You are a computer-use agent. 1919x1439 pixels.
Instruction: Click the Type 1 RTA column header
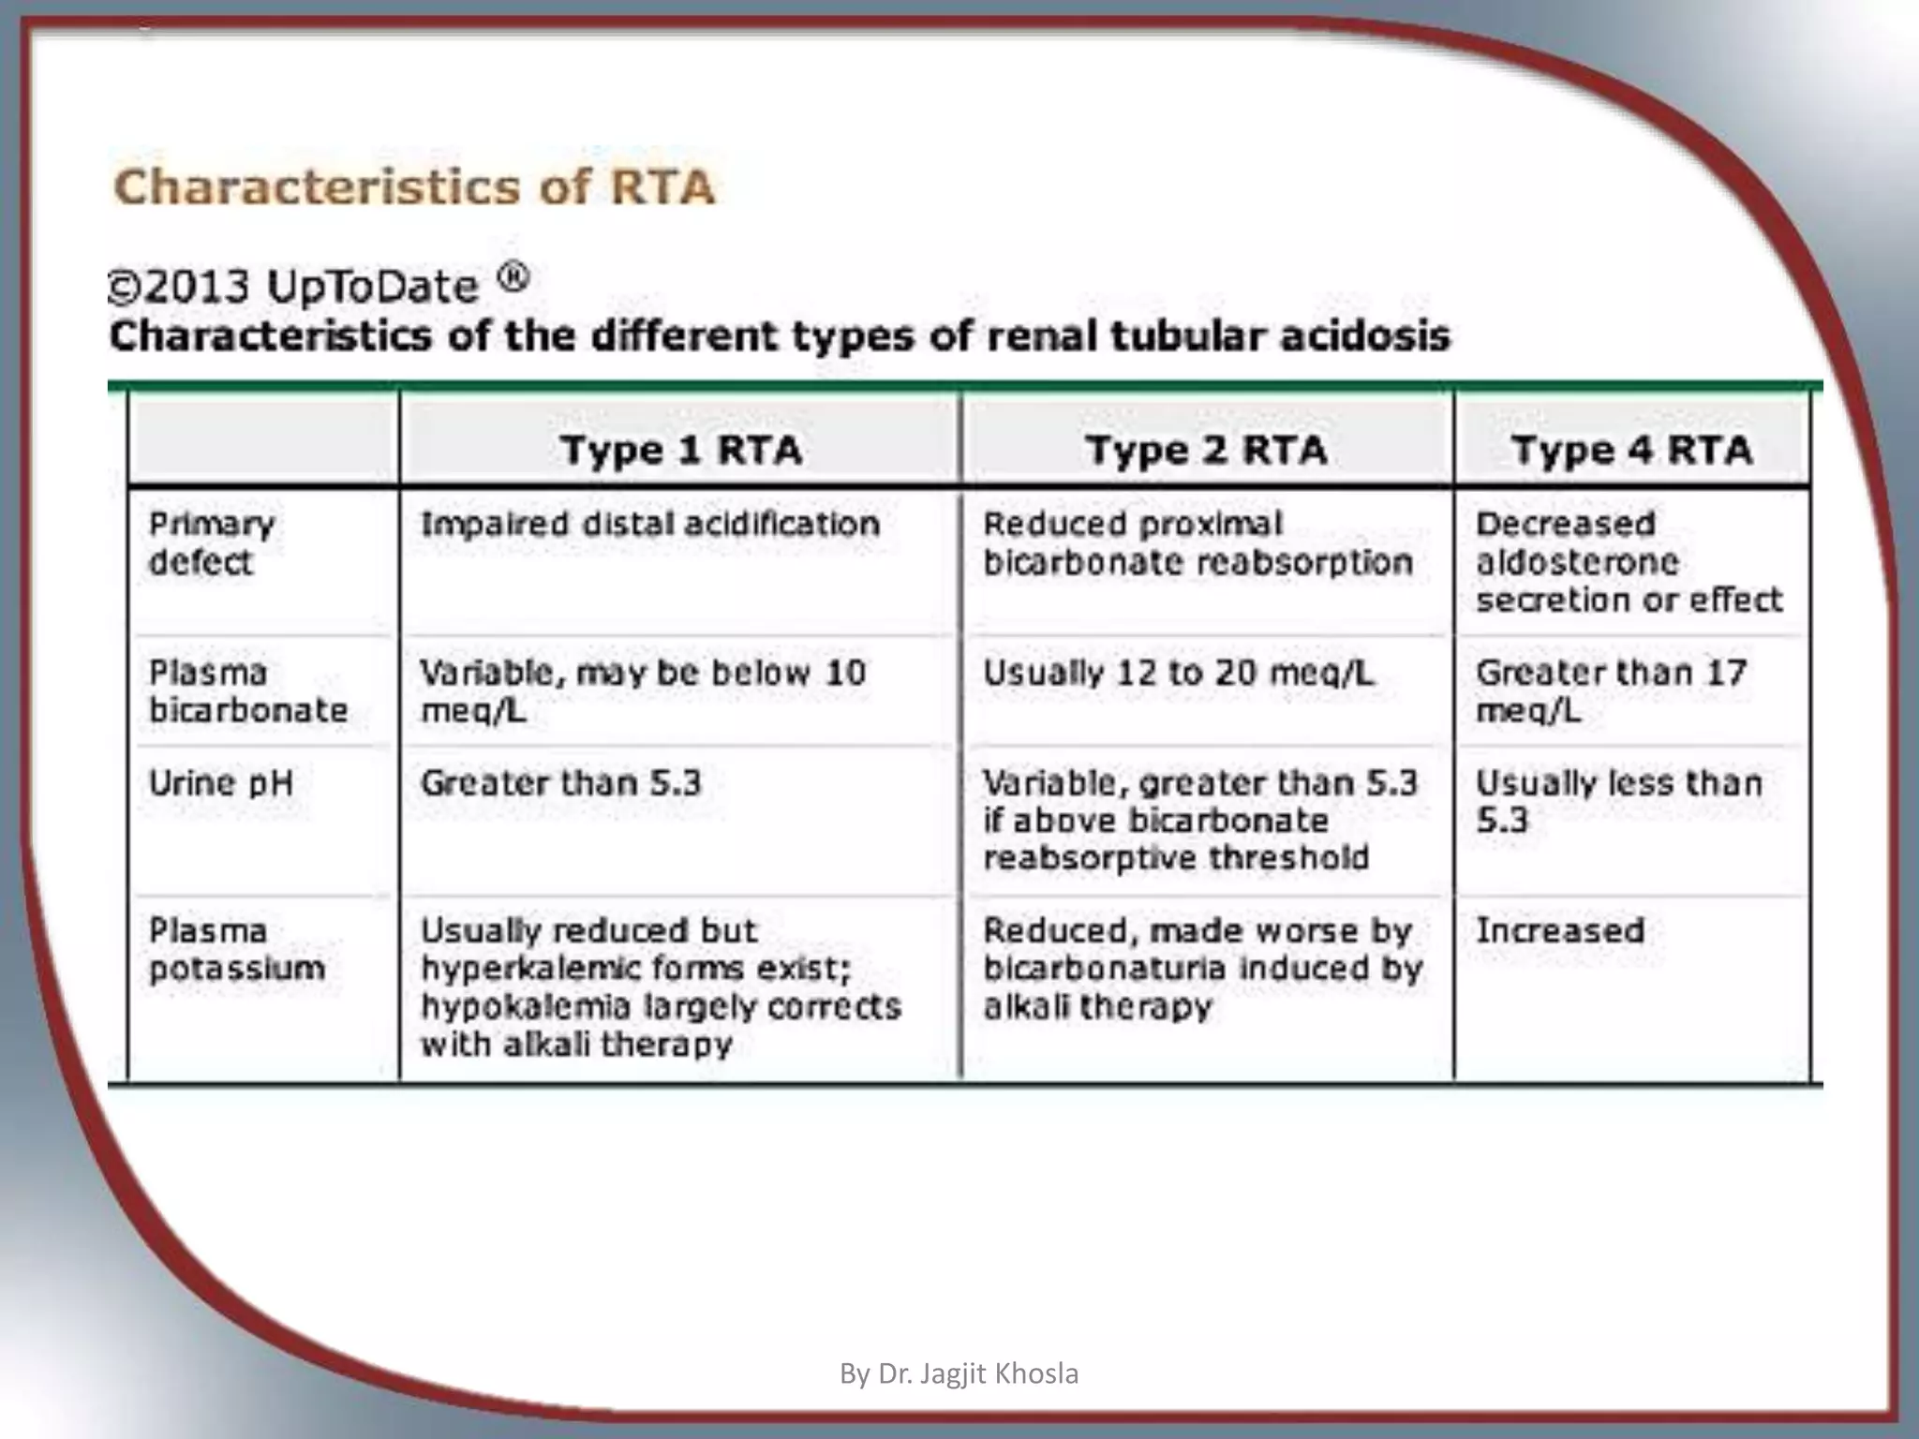click(681, 450)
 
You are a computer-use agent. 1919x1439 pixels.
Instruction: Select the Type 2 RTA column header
click(1207, 450)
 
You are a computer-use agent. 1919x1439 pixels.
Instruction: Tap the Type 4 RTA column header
click(1631, 450)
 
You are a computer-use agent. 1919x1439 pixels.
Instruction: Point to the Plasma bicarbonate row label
click(247, 691)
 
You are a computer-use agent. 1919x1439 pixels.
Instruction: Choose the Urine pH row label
click(221, 783)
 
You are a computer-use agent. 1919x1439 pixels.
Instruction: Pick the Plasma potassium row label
click(236, 950)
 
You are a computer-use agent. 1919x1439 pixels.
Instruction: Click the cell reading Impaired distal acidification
click(650, 524)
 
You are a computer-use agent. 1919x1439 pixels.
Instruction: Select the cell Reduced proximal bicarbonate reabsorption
click(1198, 543)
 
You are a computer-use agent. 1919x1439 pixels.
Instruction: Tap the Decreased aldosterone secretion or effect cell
click(1629, 562)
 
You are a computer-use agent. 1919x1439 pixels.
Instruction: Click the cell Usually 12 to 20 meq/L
click(1178, 673)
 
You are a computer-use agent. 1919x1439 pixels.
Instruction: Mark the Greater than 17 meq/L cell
click(1611, 691)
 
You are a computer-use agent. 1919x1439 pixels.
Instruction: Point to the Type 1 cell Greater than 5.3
click(560, 783)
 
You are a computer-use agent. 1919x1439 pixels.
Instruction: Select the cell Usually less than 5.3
click(1618, 802)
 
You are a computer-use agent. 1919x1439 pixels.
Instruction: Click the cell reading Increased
click(1560, 930)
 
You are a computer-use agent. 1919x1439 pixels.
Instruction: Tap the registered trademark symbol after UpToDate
click(513, 277)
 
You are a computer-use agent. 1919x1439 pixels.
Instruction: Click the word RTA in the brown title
click(662, 186)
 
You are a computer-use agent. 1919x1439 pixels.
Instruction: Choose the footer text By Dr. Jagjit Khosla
click(959, 1373)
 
